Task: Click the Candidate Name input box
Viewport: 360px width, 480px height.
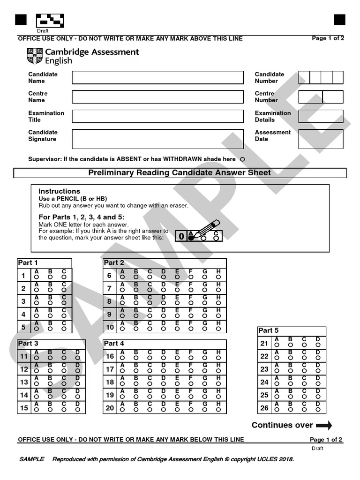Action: (x=157, y=77)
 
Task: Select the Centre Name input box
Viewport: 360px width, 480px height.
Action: (x=157, y=97)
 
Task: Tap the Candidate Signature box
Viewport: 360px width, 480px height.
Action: (x=157, y=139)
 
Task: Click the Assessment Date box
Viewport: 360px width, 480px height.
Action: (x=321, y=139)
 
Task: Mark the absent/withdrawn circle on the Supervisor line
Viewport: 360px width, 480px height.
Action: (x=242, y=159)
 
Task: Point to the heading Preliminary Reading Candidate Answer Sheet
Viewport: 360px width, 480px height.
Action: (x=180, y=173)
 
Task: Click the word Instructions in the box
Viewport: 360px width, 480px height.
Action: (x=59, y=191)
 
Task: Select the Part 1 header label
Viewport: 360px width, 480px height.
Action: (x=28, y=262)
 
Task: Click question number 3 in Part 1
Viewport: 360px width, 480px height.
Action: (x=23, y=301)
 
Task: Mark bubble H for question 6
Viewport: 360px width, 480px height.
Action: (x=218, y=277)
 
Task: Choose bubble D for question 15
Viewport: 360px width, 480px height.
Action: (x=78, y=410)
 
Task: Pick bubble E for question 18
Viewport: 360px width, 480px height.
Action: (x=177, y=384)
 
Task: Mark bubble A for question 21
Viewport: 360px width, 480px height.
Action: (x=277, y=345)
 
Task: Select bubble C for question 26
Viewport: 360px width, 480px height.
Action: (x=304, y=410)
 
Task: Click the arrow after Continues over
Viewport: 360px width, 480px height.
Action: (x=324, y=426)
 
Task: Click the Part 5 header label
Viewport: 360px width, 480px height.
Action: (x=269, y=330)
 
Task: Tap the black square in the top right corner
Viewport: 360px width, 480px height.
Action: (x=339, y=20)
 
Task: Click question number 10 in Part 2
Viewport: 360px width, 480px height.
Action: (x=110, y=327)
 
